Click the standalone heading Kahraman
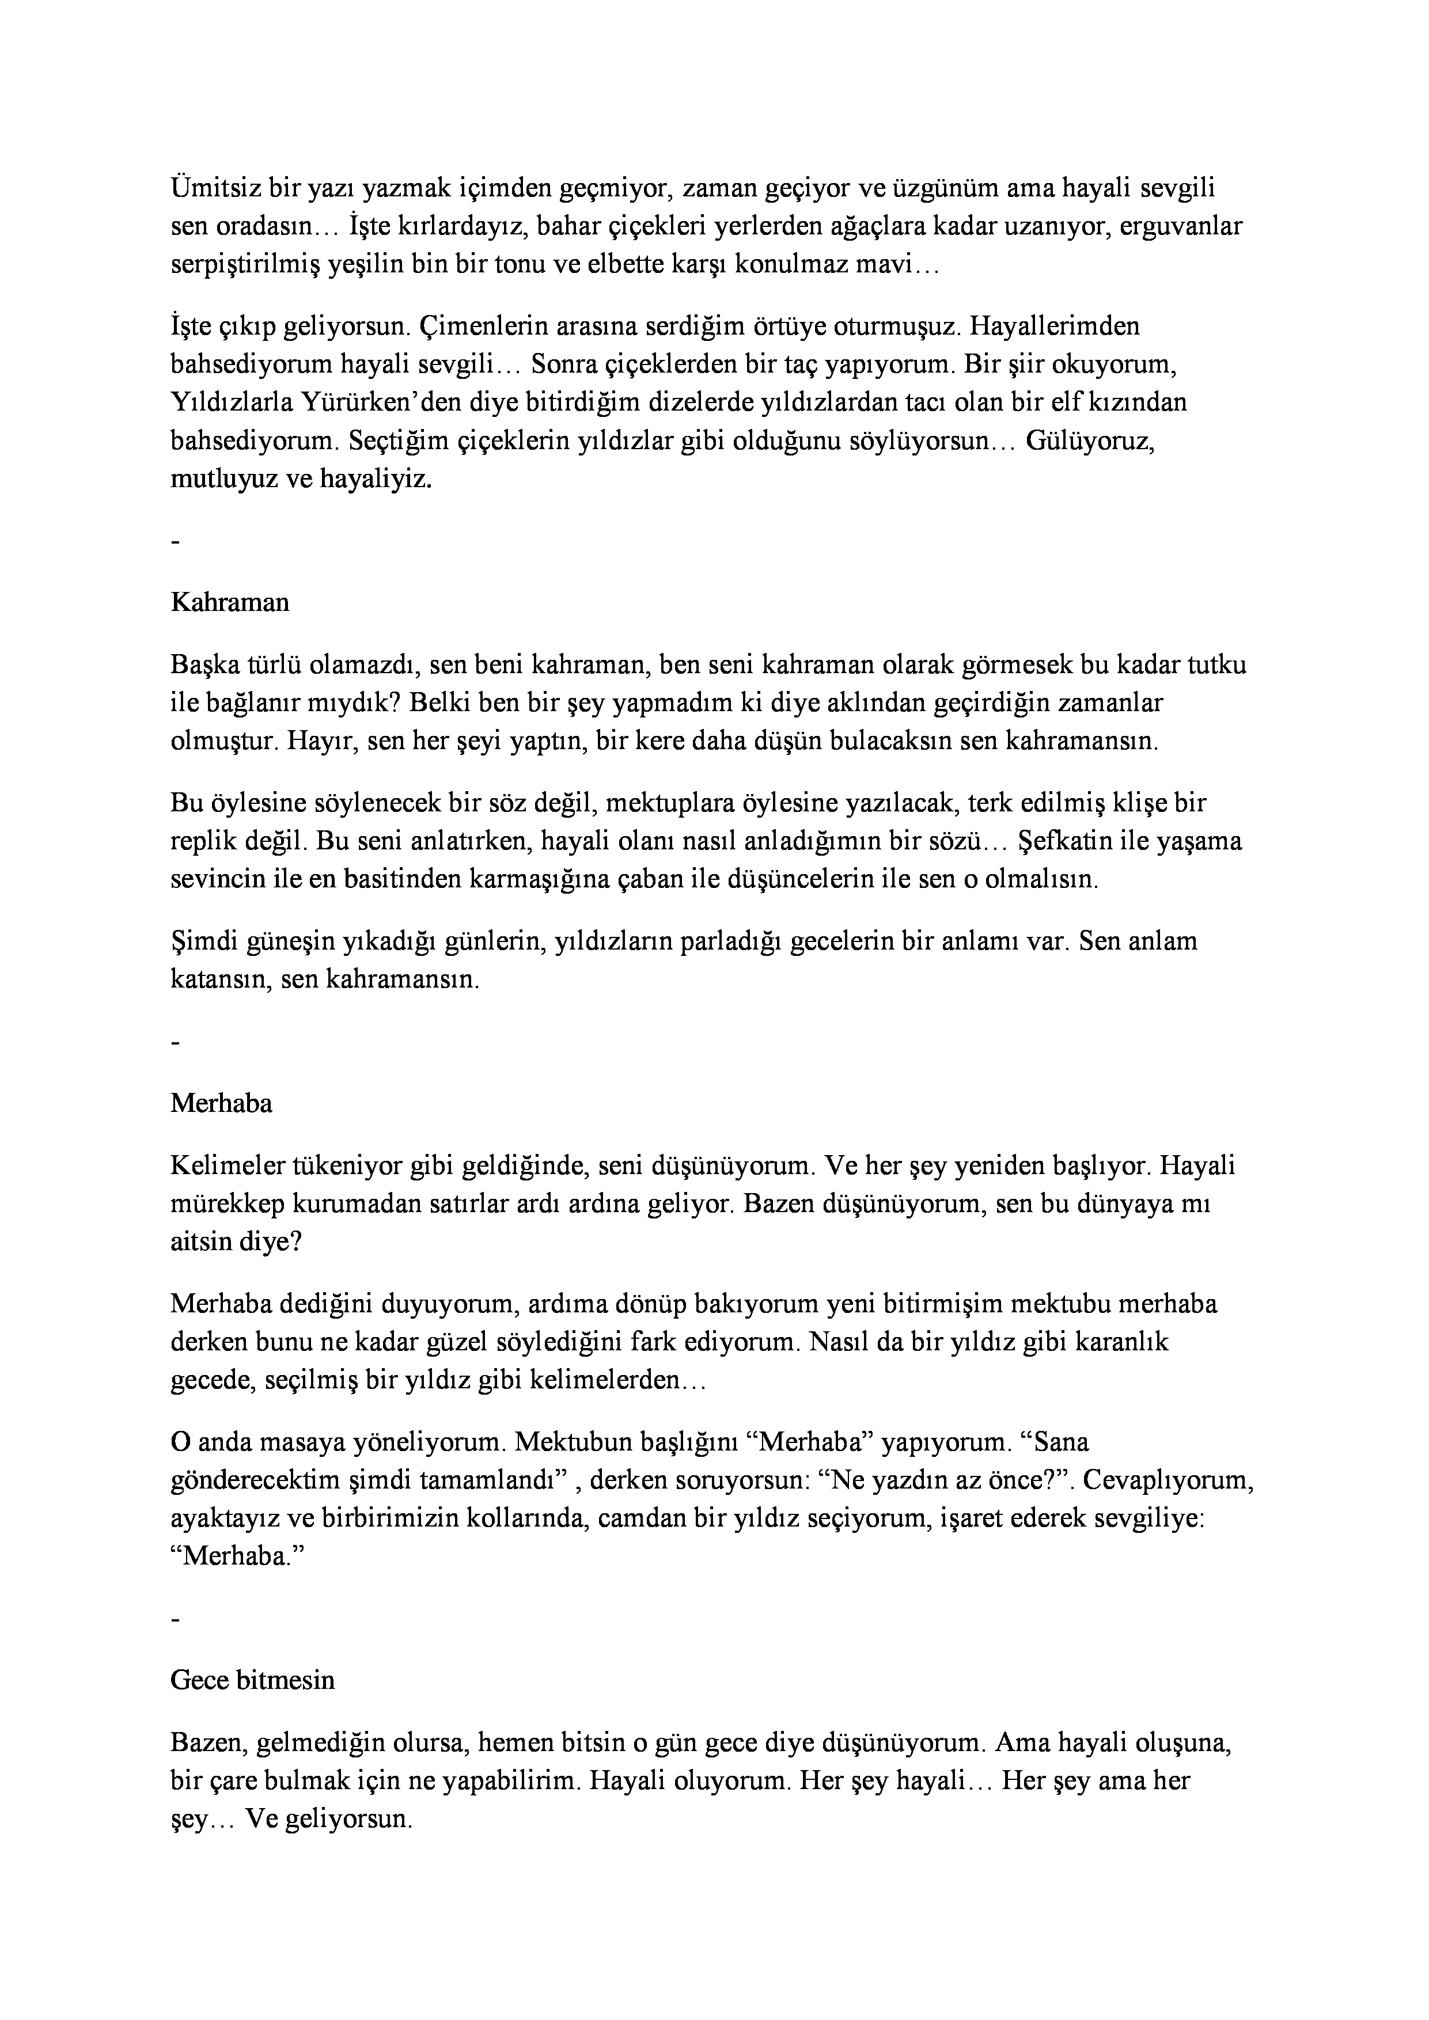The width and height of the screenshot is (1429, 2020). coord(230,603)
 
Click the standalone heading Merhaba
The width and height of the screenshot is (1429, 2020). coord(222,1103)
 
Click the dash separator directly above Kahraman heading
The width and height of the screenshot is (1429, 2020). coord(176,543)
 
